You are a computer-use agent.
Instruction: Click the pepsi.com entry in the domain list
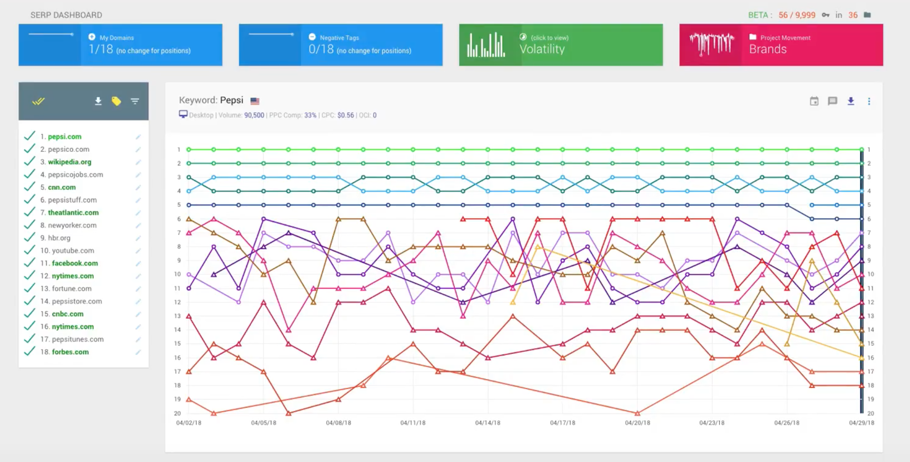(64, 137)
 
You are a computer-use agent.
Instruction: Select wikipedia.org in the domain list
(69, 162)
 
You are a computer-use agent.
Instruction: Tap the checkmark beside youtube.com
(29, 250)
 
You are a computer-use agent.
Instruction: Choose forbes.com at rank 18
(70, 352)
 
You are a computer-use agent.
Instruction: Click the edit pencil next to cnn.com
(138, 188)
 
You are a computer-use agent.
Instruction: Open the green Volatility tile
(561, 45)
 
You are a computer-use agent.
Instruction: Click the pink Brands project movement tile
(781, 45)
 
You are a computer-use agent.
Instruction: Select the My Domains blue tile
(120, 45)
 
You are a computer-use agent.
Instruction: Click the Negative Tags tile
(341, 45)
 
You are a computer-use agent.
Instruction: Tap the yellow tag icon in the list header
(116, 101)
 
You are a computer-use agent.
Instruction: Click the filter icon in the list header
(135, 101)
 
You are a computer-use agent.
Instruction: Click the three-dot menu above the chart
(869, 101)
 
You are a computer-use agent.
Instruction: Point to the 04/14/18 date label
(488, 423)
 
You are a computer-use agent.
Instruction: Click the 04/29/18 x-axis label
(861, 423)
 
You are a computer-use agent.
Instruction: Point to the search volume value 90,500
(254, 115)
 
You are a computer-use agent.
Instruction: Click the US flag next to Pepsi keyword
(255, 101)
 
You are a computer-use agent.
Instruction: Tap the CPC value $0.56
(345, 115)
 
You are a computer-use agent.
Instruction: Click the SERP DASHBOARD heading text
(66, 15)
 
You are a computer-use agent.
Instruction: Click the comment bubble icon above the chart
(832, 101)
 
